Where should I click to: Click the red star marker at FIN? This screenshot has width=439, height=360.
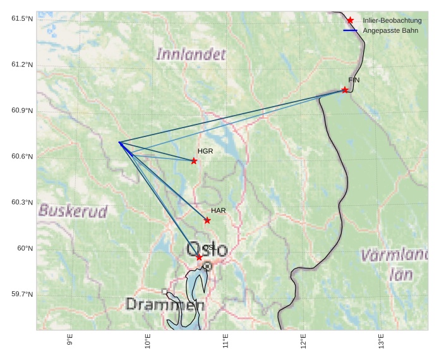[345, 90]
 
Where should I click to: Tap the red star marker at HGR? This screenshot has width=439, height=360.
[194, 161]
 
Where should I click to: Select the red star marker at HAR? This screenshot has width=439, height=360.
[207, 220]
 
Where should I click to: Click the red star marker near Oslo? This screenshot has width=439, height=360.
[199, 257]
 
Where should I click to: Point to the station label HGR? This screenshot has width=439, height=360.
[205, 152]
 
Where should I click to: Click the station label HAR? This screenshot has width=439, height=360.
[219, 210]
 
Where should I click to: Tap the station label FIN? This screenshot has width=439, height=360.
[354, 80]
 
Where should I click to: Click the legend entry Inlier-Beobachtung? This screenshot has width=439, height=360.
[392, 21]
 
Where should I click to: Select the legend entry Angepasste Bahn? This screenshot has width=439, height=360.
[390, 30]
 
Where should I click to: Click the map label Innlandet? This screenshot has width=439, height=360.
[191, 55]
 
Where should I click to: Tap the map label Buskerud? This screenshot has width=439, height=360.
[73, 211]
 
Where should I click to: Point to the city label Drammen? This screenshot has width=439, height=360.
[165, 304]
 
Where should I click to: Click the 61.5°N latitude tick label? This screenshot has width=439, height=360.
[22, 19]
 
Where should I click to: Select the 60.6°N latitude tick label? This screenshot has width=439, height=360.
[22, 157]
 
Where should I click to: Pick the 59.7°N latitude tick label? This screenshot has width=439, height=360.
[22, 294]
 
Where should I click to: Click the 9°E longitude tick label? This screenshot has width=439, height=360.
[70, 340]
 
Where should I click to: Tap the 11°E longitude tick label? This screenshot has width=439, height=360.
[226, 340]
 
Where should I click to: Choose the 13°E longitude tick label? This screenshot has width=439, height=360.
[382, 340]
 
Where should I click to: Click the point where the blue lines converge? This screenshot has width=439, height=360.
[119, 142]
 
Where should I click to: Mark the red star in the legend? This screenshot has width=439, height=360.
[350, 21]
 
